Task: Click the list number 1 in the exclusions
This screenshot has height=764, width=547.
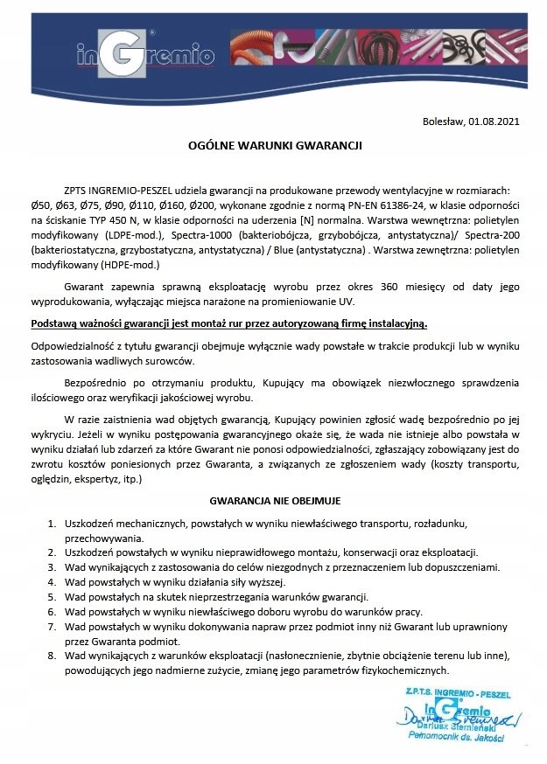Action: coord(52,524)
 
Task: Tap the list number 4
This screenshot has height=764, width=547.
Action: coord(52,581)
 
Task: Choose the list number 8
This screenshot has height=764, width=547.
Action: coord(52,655)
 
